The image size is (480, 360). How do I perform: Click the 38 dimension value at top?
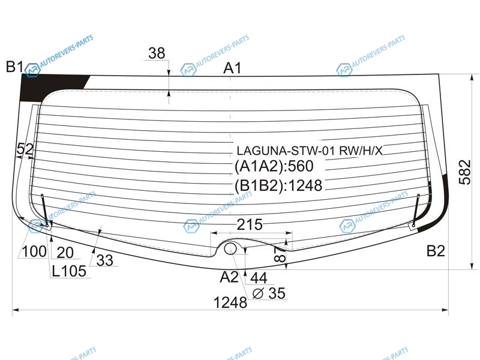coord(157,53)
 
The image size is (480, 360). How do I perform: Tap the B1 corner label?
coord(14,67)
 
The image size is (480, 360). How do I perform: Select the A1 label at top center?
coord(232,68)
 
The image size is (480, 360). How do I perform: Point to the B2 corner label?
coord(436,251)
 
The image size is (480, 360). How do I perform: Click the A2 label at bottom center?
coord(229,277)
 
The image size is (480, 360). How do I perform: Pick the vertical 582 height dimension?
coord(464,172)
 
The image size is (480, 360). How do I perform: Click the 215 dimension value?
coord(250,224)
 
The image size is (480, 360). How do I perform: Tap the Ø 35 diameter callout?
coord(269,293)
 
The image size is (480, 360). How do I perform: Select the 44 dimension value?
coord(259,278)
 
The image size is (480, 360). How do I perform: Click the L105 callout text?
coord(69,271)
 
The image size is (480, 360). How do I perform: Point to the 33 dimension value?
coord(104,260)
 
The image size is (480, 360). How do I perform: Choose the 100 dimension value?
coord(34,251)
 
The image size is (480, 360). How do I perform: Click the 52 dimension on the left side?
coord(25,149)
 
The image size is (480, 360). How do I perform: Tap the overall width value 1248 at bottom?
coord(230,302)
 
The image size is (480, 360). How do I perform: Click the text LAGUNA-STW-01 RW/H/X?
coord(310,151)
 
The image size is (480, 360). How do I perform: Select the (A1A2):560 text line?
coord(274,166)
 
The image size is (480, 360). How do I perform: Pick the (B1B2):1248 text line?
coord(278,185)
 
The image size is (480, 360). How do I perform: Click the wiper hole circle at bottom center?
coord(230,248)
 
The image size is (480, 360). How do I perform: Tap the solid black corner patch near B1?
coord(46,87)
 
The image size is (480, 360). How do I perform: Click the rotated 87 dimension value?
coord(280,254)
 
